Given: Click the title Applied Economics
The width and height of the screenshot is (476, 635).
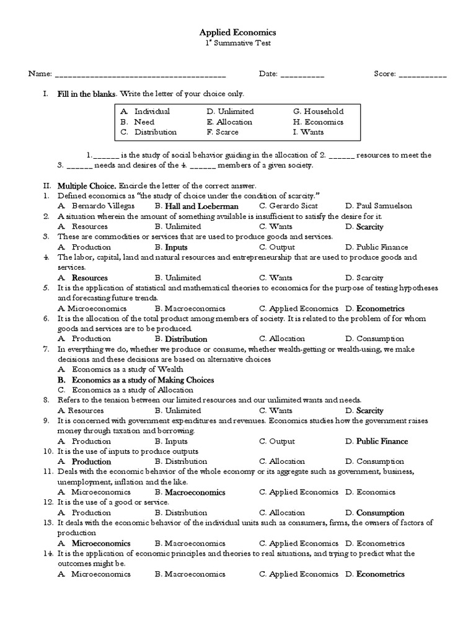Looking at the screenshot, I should pyautogui.click(x=237, y=32).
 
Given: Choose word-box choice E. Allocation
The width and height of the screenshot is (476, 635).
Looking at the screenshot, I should pyautogui.click(x=231, y=122).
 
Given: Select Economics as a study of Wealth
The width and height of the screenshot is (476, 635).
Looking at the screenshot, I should pyautogui.click(x=119, y=370).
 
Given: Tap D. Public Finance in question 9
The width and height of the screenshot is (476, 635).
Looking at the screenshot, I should pyautogui.click(x=377, y=442).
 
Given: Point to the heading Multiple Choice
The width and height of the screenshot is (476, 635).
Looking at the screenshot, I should pyautogui.click(x=87, y=185).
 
